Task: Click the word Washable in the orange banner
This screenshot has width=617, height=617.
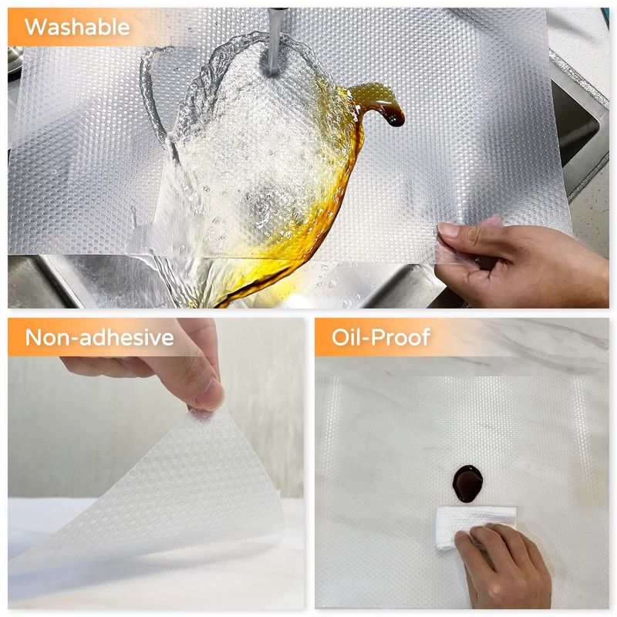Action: tap(76, 27)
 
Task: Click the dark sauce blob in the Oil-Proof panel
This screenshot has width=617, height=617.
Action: tap(467, 483)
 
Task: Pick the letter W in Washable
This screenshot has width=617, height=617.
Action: tap(35, 27)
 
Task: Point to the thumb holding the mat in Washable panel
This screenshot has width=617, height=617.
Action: tap(459, 231)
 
